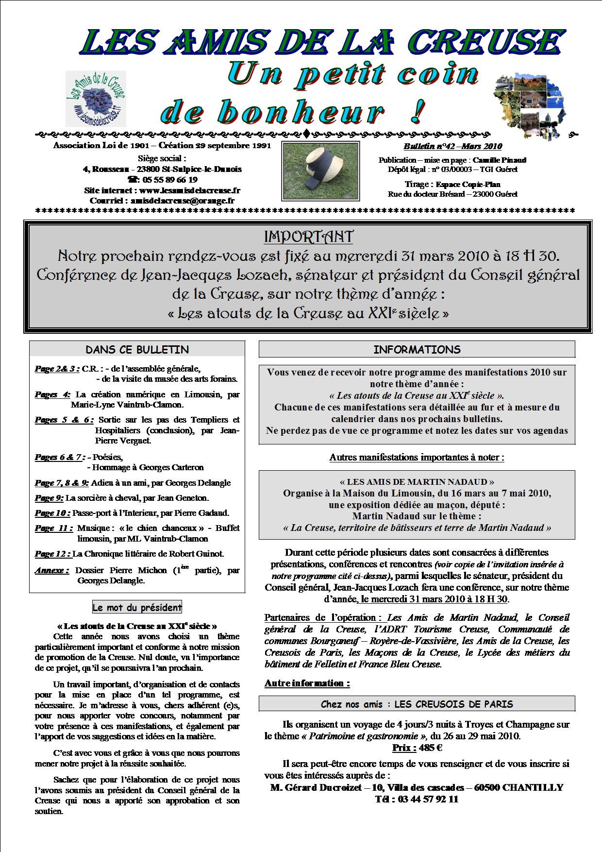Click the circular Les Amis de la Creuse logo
pos(96,100)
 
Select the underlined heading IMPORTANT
pos(309,237)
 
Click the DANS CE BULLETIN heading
pos(137,350)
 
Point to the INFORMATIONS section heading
pos(417,350)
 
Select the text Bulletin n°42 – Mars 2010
pos(452,147)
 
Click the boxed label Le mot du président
pos(137,607)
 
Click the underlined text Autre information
pos(307,683)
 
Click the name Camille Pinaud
pos(500,160)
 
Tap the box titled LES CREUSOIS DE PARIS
pos(417,704)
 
